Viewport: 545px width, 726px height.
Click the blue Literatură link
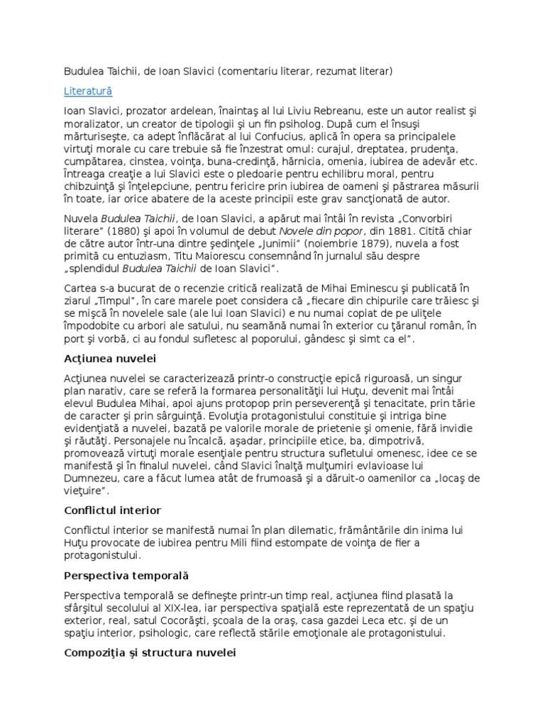(x=88, y=91)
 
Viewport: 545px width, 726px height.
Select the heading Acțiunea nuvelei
(x=109, y=358)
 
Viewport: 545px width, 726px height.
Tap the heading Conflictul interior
(x=112, y=510)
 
